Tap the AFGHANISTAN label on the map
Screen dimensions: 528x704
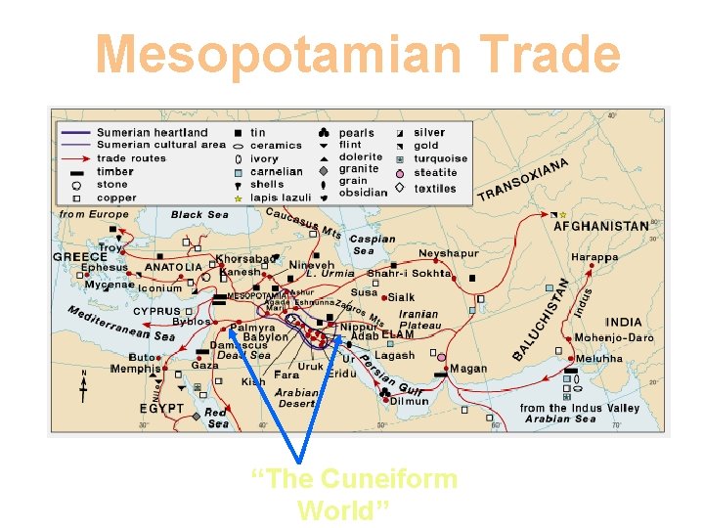tap(600, 226)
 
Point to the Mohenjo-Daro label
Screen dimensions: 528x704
tap(614, 337)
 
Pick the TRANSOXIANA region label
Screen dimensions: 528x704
tap(523, 180)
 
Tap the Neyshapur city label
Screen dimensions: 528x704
tap(449, 254)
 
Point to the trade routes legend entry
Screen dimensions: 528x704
tap(131, 158)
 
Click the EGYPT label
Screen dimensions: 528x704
tap(161, 408)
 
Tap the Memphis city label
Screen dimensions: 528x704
tap(135, 369)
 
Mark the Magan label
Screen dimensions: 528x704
tap(468, 369)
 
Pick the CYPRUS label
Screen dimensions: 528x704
tap(156, 311)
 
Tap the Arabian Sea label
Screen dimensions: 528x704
tap(560, 419)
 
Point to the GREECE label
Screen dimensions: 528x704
tap(80, 256)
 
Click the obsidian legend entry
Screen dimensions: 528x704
tap(363, 193)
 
